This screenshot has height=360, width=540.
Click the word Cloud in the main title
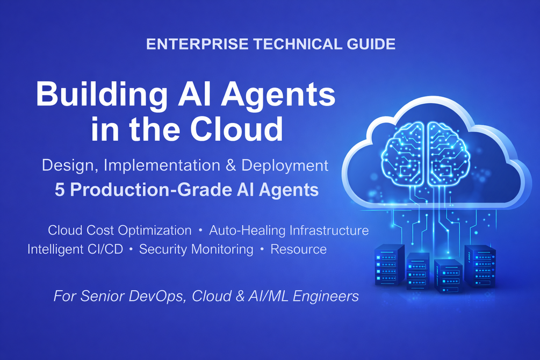236,129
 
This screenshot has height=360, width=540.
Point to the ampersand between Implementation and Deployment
231,165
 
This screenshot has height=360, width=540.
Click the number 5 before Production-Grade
60,190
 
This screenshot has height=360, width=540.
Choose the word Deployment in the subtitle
284,166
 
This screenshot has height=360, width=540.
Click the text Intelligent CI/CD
75,249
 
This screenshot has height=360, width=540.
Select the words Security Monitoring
196,249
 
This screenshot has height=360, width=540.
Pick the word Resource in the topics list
299,249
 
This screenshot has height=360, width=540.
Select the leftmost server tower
389,264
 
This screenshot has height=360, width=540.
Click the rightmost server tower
480,266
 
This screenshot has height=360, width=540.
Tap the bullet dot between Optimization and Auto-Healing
200,230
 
